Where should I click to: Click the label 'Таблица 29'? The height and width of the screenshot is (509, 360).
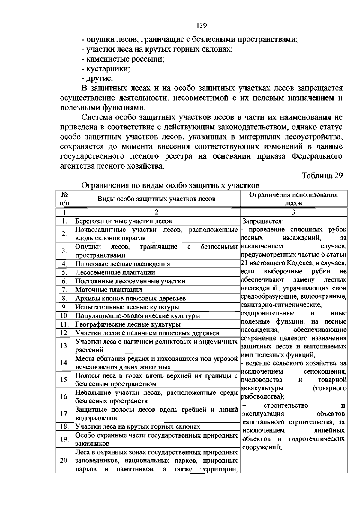tap(322, 176)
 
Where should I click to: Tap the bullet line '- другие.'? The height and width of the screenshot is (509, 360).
tap(97, 79)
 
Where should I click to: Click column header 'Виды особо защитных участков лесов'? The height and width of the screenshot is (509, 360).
tap(156, 199)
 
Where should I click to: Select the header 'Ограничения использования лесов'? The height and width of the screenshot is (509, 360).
tap(293, 199)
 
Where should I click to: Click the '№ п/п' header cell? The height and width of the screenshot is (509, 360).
tap(64, 199)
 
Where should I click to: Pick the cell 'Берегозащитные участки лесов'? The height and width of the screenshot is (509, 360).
tap(124, 221)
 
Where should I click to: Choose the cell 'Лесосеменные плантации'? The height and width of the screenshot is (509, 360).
tap(115, 273)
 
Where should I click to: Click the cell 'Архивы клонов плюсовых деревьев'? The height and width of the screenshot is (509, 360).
tap(130, 299)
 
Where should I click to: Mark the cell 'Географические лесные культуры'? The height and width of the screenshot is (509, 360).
tap(128, 324)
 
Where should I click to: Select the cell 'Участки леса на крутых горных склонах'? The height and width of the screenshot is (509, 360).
tap(138, 427)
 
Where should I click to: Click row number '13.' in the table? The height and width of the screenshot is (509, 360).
tap(64, 346)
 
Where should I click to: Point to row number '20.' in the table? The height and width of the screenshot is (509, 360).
tap(64, 461)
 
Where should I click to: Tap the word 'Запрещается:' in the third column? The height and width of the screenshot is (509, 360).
tap(263, 221)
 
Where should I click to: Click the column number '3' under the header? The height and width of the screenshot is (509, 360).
tap(293, 212)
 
